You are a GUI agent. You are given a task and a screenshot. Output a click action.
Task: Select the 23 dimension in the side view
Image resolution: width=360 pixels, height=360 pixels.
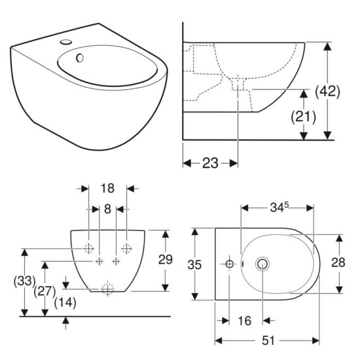pyautogui.click(x=209, y=163)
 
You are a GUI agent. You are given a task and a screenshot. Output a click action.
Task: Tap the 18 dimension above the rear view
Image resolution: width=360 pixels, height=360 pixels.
pyautogui.click(x=108, y=188)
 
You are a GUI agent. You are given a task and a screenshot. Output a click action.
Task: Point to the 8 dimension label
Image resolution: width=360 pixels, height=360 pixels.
pyautogui.click(x=108, y=209)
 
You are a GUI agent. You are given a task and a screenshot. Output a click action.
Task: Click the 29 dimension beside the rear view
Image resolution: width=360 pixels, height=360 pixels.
pyautogui.click(x=166, y=259)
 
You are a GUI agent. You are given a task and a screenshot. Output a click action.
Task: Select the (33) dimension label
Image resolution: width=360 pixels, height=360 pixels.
pyautogui.click(x=24, y=282)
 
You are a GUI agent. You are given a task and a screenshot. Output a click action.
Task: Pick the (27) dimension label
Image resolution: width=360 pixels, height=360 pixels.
pyautogui.click(x=44, y=291)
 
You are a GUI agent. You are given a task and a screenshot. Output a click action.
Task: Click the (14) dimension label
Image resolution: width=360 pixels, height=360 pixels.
pyautogui.click(x=65, y=302)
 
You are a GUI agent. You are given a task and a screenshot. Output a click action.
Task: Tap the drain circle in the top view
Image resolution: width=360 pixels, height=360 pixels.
pyautogui.click(x=264, y=264)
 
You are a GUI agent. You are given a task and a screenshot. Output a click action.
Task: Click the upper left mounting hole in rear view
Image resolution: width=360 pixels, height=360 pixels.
pyautogui.click(x=88, y=249)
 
